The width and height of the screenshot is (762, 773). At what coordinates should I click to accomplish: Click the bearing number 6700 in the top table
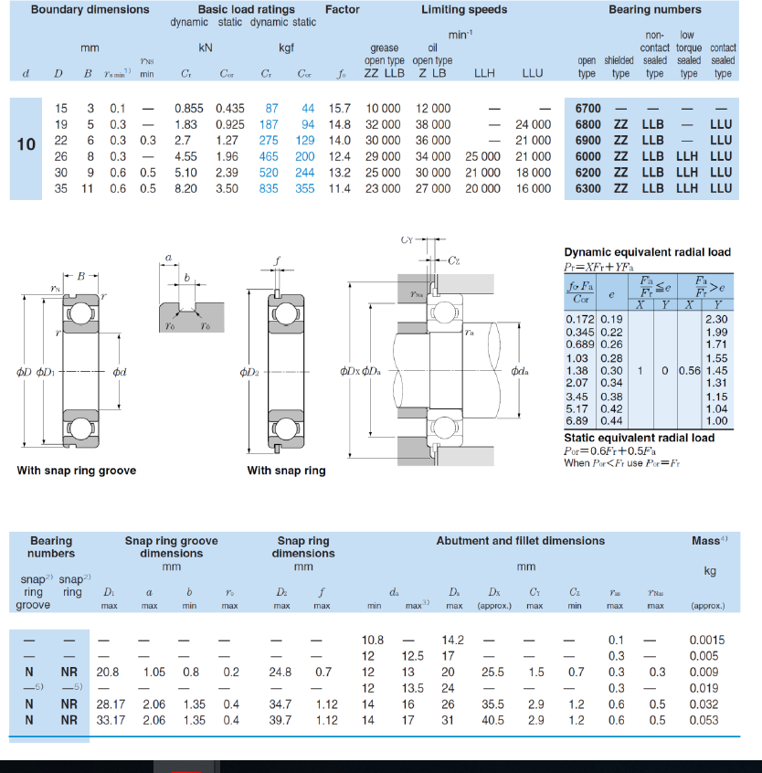(587, 109)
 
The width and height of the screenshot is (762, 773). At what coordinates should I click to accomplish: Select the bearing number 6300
(587, 188)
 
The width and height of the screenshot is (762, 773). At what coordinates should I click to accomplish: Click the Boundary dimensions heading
(90, 10)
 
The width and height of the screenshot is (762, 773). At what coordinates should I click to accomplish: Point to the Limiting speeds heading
(463, 10)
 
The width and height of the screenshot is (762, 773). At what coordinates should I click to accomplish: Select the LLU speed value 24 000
(533, 124)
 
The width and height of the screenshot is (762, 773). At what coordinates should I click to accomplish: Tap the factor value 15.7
(340, 109)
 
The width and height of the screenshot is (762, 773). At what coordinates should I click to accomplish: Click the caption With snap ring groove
(77, 471)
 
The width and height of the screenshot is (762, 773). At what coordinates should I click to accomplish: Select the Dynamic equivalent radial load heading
(647, 252)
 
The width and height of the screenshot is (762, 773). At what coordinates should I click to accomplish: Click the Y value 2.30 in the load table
(716, 319)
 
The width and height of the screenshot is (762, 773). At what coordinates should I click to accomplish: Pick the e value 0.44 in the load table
(610, 420)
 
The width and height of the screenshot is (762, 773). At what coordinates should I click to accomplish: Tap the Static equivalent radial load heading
(639, 438)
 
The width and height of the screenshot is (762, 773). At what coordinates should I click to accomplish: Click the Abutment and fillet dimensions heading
(520, 541)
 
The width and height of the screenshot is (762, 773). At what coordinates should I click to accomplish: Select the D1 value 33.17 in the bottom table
(108, 721)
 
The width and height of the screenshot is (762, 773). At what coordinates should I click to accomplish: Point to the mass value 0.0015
(706, 640)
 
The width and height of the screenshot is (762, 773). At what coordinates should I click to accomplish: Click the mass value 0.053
(706, 721)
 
